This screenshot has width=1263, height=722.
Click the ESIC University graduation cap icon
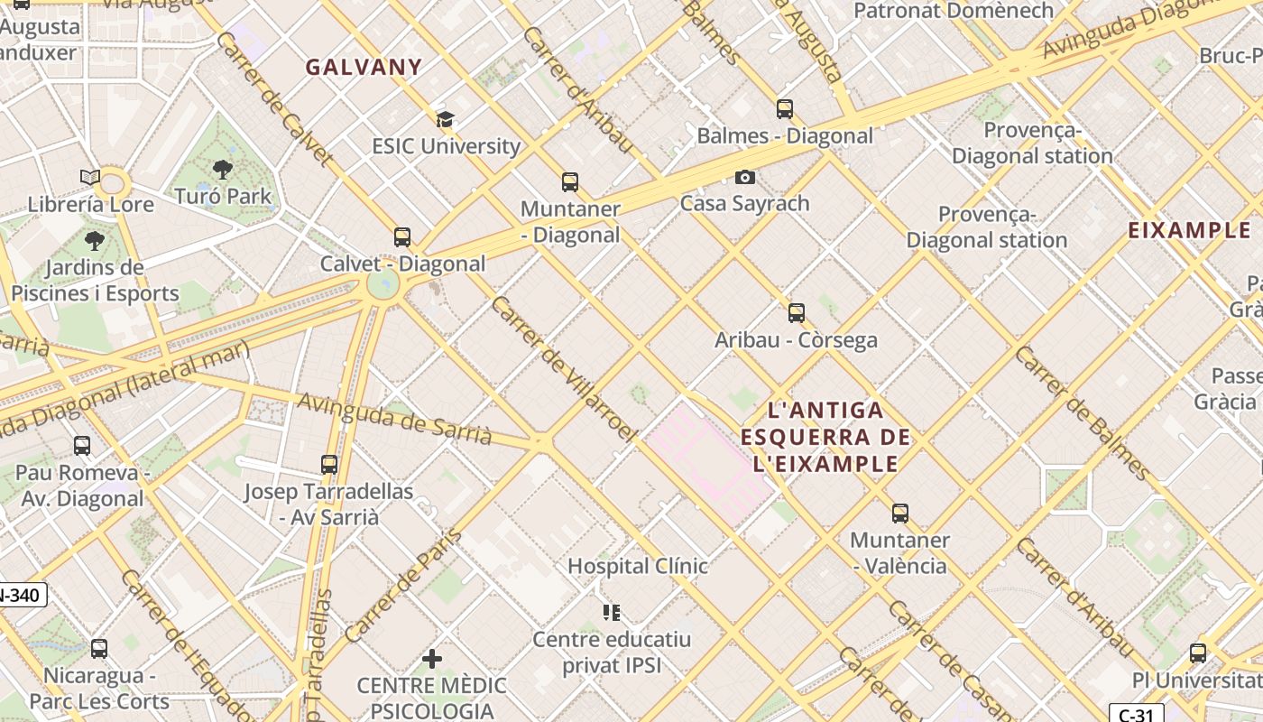coord(445,119)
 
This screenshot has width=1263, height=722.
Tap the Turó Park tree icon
coord(222,169)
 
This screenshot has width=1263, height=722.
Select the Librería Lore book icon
coord(89,177)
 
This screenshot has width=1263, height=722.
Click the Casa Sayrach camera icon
coord(744,177)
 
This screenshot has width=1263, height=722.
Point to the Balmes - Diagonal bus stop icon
coord(785,109)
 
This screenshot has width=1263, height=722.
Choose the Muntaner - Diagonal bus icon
coord(570,182)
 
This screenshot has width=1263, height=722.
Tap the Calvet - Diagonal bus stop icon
coord(402,237)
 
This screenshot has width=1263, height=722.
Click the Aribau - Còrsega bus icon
coord(796,313)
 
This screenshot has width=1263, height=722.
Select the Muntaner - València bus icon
coord(899,514)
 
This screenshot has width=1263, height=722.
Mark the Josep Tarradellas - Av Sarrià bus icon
coord(329,465)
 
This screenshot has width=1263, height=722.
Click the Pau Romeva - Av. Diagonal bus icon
coord(82,446)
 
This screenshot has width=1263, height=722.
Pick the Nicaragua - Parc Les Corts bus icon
coord(99,649)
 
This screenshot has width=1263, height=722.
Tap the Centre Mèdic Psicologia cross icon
coord(432,659)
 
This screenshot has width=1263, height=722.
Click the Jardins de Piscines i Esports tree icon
coord(94,241)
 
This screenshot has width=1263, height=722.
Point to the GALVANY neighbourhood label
coord(364,68)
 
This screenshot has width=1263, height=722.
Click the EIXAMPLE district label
coord(1189,230)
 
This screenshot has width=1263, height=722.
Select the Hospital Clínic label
coord(637,567)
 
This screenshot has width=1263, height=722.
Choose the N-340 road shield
coord(20,596)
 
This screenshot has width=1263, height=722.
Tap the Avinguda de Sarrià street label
coord(394,420)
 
